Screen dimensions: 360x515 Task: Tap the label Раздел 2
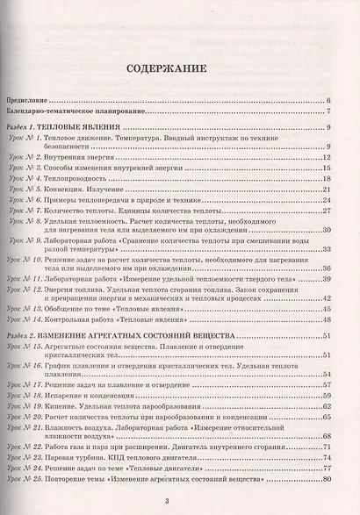pyautogui.click(x=23, y=337)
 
